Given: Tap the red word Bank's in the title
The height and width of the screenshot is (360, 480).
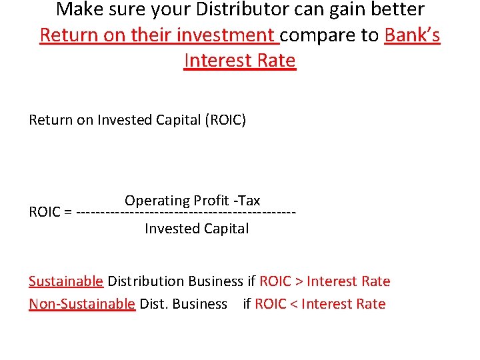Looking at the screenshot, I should (412, 35).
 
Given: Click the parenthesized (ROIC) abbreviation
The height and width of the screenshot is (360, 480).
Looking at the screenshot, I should (225, 120).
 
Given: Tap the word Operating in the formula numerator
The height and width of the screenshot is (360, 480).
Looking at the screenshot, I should (157, 201).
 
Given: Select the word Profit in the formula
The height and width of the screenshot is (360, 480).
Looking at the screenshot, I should (213, 201).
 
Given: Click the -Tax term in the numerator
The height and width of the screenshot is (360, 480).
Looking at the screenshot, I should (248, 201).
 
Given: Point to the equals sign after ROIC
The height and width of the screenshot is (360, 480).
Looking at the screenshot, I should (69, 213).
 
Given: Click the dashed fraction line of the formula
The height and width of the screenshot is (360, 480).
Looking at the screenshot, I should (187, 213).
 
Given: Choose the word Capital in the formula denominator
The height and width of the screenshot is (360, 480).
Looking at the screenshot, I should (225, 229).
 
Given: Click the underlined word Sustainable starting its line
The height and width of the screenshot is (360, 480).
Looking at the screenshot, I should (66, 281).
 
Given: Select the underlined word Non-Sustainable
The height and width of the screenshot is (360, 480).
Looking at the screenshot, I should (82, 304).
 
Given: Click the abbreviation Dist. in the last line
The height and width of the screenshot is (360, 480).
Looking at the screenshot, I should (154, 304).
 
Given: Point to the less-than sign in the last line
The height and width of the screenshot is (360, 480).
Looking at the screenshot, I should (293, 305).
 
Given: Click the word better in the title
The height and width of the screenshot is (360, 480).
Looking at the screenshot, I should (400, 10).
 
